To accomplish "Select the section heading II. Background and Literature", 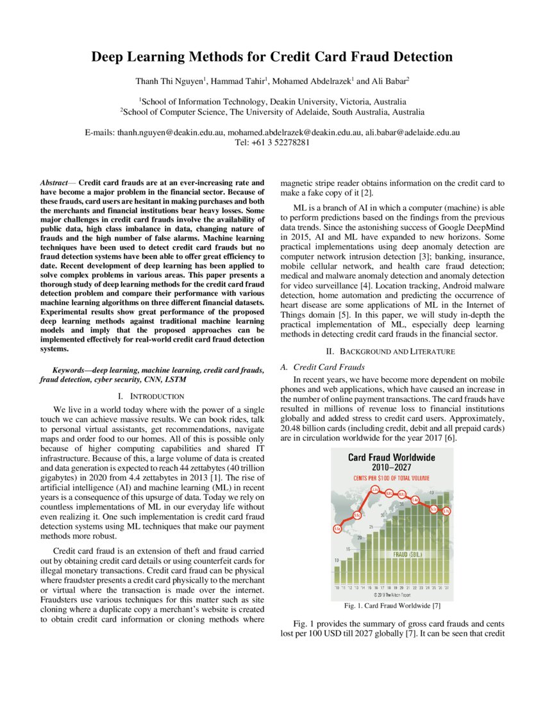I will [393, 351].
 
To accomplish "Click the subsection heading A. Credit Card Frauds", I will [323, 367].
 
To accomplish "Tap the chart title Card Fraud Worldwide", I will [391, 458].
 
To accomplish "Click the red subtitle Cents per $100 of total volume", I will [391, 478].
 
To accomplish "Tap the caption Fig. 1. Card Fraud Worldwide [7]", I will [392, 605].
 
